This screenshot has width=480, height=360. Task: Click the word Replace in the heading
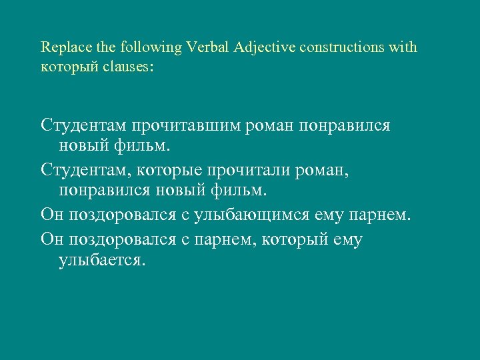point(62,48)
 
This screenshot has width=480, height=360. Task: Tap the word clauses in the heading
point(129,67)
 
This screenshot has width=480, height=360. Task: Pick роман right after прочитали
point(325,171)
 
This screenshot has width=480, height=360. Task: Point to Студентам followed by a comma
point(82,171)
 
